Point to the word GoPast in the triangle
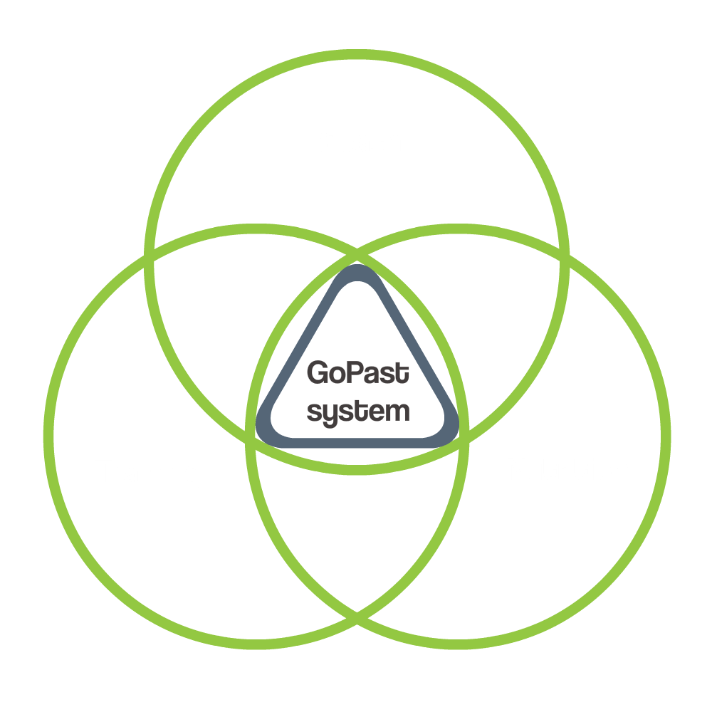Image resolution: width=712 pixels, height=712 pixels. click(357, 373)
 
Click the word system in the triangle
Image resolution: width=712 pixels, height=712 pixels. click(357, 412)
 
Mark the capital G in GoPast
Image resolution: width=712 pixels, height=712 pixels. click(316, 373)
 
